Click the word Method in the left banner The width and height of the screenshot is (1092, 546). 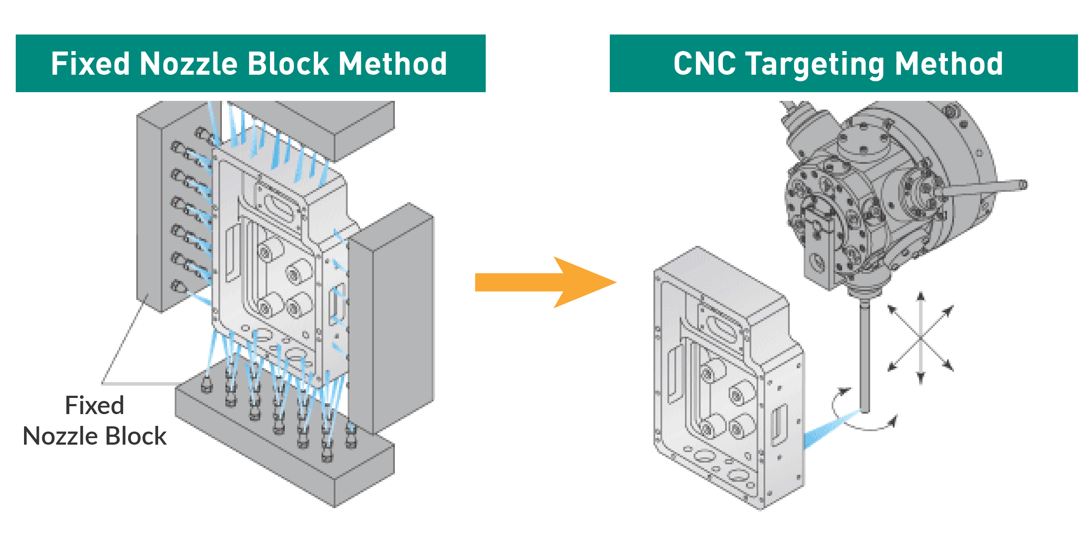[x=393, y=64]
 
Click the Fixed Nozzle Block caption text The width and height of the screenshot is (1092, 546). [x=95, y=421]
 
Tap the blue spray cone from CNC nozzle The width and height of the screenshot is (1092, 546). [x=826, y=430]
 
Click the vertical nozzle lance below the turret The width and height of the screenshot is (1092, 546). [x=864, y=358]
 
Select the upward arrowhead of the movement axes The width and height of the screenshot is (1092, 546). [x=921, y=297]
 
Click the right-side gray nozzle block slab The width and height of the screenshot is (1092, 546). [x=393, y=319]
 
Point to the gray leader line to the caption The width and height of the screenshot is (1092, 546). [x=124, y=341]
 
